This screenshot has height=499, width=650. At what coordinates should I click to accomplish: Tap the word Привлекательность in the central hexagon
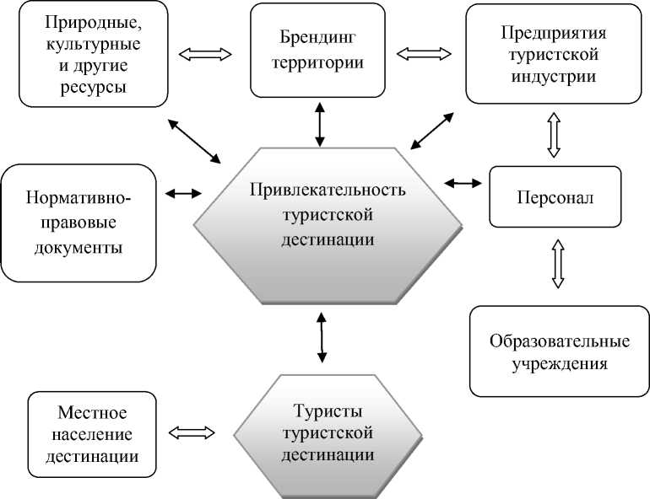[328, 188]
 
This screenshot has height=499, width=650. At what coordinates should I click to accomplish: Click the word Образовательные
[560, 342]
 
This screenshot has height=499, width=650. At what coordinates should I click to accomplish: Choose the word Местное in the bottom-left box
[93, 414]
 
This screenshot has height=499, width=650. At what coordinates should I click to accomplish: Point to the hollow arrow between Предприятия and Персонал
[554, 136]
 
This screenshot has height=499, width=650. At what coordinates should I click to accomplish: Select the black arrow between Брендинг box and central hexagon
[319, 125]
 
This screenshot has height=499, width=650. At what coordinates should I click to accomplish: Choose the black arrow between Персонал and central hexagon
[463, 182]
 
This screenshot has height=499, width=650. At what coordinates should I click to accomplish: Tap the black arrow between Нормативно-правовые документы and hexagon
[183, 193]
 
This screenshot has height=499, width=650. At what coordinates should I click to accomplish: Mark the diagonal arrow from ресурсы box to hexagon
[195, 141]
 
